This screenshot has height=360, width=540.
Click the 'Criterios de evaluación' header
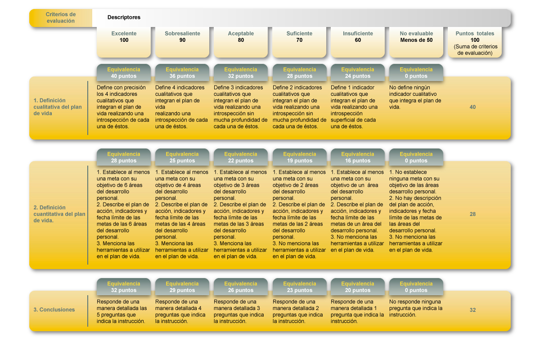pyautogui.click(x=60, y=18)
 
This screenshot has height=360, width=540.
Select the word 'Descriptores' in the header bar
pyautogui.click(x=124, y=18)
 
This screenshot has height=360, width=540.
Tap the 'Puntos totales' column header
pyautogui.click(x=475, y=43)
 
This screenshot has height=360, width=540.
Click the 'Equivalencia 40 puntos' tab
pyautogui.click(x=124, y=72)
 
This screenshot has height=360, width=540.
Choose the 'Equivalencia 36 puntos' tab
pyautogui.click(x=182, y=72)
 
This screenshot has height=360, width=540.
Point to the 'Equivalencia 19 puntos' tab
pyautogui.click(x=300, y=157)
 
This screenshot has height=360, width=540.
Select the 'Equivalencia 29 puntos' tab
pyautogui.click(x=182, y=287)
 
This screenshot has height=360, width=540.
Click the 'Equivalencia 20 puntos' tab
pyautogui.click(x=358, y=287)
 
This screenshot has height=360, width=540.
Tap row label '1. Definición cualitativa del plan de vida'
pyautogui.click(x=58, y=107)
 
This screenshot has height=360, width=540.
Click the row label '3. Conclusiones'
pyautogui.click(x=54, y=310)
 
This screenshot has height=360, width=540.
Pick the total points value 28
pyautogui.click(x=472, y=214)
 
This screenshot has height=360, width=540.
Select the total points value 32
pyautogui.click(x=472, y=310)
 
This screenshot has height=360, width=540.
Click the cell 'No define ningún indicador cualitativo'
pyautogui.click(x=415, y=97)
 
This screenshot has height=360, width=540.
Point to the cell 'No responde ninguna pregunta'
pyautogui.click(x=416, y=308)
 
